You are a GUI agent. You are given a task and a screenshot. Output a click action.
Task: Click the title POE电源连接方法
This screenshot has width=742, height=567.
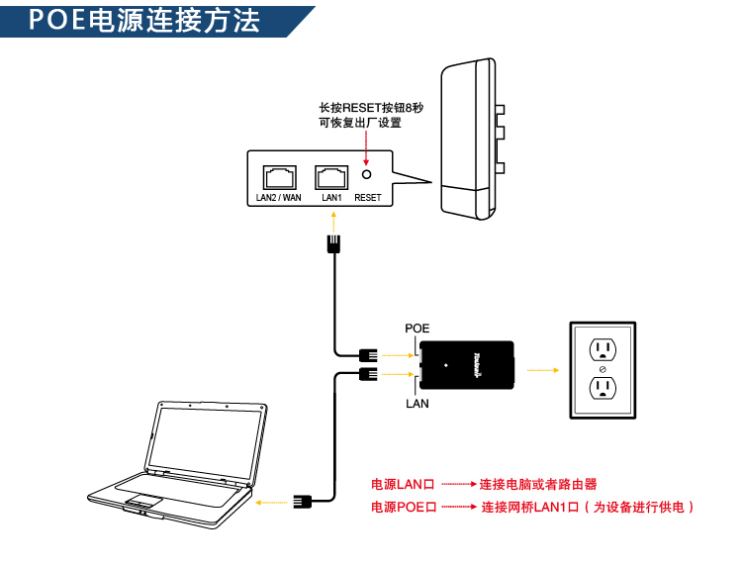(x=144, y=21)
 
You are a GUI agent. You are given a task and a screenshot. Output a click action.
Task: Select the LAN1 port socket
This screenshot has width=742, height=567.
(x=330, y=177)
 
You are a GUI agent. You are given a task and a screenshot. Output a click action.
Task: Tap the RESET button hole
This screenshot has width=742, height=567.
(x=367, y=175)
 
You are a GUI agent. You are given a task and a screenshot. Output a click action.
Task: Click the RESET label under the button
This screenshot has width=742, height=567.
(x=367, y=198)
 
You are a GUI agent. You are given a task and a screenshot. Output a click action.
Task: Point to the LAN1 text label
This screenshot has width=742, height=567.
(x=330, y=198)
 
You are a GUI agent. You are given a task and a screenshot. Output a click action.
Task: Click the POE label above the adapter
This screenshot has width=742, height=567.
(x=417, y=328)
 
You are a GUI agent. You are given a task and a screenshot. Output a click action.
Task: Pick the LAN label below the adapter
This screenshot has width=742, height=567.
(x=417, y=404)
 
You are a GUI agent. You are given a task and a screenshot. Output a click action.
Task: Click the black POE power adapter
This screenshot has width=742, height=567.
(x=465, y=364)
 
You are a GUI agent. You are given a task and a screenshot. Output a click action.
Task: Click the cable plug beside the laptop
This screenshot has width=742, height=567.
(x=302, y=503)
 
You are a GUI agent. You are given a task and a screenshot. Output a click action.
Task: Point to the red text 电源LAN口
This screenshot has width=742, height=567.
(x=403, y=485)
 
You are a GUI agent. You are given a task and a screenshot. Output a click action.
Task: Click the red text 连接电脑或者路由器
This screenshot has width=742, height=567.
(x=538, y=485)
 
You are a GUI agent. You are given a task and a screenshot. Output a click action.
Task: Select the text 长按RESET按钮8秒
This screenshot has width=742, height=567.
(x=364, y=107)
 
